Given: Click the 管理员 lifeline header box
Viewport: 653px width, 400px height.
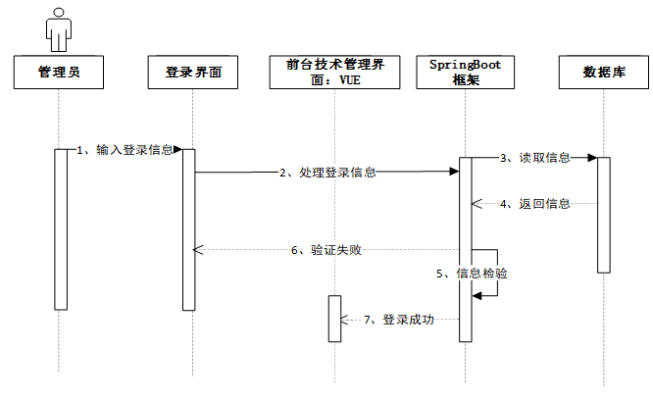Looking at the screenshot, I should (x=59, y=73).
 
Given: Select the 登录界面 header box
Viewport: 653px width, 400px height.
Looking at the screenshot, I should (x=193, y=73).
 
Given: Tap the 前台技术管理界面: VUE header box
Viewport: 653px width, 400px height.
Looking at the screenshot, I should (x=335, y=73).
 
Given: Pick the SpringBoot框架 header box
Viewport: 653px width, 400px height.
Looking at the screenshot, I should (x=466, y=73).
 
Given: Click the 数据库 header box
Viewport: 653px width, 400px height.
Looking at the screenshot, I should (x=604, y=73).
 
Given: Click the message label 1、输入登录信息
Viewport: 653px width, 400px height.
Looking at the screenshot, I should (x=126, y=150).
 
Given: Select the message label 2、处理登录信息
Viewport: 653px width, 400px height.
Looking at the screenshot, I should (x=328, y=173).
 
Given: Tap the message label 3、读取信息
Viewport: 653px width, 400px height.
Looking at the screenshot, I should (x=535, y=157).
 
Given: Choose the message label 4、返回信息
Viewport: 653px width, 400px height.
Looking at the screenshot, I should (x=535, y=204).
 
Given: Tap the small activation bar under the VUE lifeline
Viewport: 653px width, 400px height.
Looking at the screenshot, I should (x=334, y=318).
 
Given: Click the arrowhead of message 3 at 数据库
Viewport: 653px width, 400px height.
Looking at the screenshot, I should (x=592, y=157).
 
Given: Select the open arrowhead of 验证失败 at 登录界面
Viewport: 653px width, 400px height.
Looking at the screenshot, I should (x=198, y=250).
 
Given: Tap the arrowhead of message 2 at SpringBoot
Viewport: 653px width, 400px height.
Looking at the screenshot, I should (x=455, y=172).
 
